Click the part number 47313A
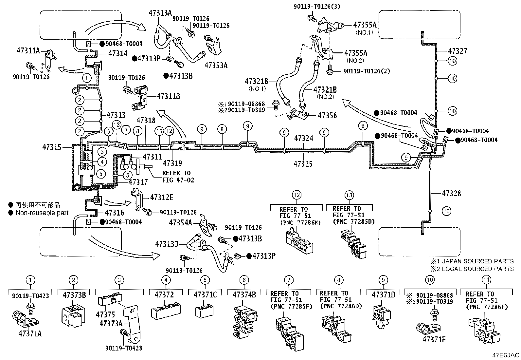[160, 13]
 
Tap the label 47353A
[216, 66]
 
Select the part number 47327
[458, 51]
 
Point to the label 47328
[451, 193]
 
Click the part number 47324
[303, 138]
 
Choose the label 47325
[303, 164]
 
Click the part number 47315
[52, 147]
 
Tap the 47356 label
[327, 115]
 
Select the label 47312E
[162, 198]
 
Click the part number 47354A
[181, 223]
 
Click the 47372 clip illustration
[166, 310]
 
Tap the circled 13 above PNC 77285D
[349, 195]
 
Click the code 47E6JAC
[505, 355]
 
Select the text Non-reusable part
[42, 213]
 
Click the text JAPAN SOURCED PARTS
[478, 261]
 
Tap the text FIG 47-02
[178, 180]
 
